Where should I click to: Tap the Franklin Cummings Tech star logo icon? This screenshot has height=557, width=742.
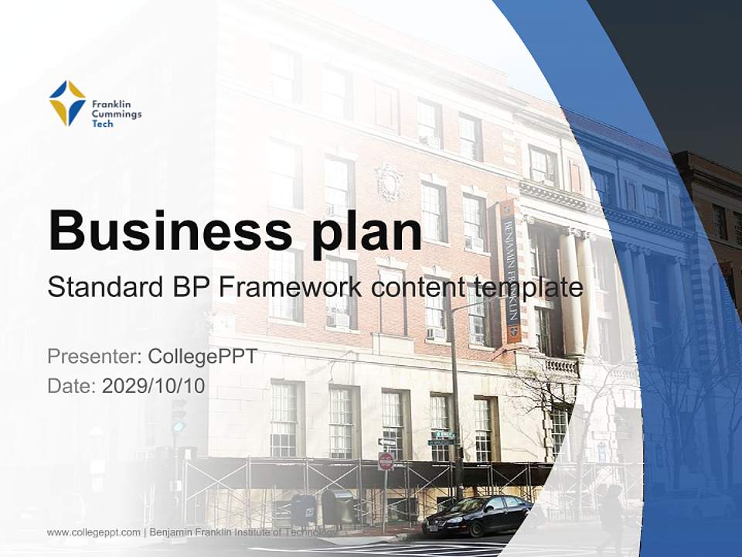pos(67,103)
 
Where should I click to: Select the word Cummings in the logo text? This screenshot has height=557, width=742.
pos(116,113)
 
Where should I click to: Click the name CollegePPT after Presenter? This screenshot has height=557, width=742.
pos(203,357)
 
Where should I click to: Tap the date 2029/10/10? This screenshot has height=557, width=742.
pos(154,385)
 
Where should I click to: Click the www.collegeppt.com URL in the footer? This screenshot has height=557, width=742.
pos(94,532)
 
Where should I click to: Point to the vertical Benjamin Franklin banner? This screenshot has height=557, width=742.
pos(510,271)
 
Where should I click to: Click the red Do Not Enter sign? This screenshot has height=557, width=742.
pos(386,462)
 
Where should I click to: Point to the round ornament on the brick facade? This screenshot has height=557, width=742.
pos(389,182)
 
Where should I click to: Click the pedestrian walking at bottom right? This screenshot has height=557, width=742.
pos(611,518)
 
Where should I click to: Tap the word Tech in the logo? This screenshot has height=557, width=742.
pos(102,123)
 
